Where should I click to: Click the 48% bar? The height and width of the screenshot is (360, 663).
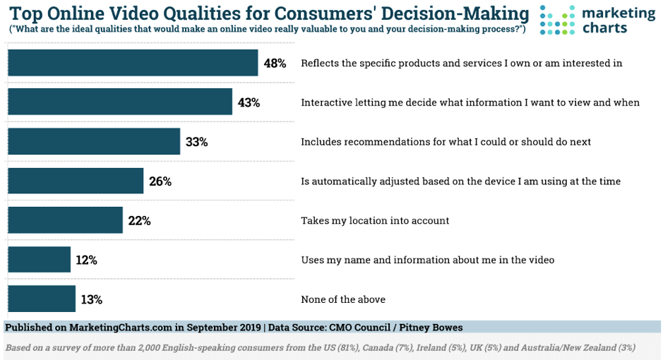pyautogui.click(x=133, y=63)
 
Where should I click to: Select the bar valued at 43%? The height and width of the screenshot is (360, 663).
pyautogui.click(x=120, y=102)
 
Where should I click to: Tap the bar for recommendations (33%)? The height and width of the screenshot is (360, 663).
pyautogui.click(x=94, y=141)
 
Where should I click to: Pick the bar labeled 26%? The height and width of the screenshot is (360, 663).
pyautogui.click(x=76, y=181)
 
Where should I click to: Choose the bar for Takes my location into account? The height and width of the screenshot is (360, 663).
pyautogui.click(x=65, y=220)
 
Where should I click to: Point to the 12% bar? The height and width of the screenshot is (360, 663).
pyautogui.click(x=39, y=260)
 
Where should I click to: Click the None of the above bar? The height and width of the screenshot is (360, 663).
pyautogui.click(x=41, y=299)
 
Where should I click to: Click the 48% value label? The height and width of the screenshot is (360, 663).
pyautogui.click(x=275, y=64)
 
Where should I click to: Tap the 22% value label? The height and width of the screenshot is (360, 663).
pyautogui.click(x=139, y=221)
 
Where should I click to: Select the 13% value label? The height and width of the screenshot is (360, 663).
pyautogui.click(x=91, y=300)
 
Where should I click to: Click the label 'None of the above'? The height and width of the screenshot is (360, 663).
pyautogui.click(x=343, y=299)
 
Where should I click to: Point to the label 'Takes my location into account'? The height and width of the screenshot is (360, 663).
pyautogui.click(x=375, y=220)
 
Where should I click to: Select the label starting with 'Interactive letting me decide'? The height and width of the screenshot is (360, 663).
pyautogui.click(x=470, y=102)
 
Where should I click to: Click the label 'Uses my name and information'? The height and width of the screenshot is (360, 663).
pyautogui.click(x=427, y=260)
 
